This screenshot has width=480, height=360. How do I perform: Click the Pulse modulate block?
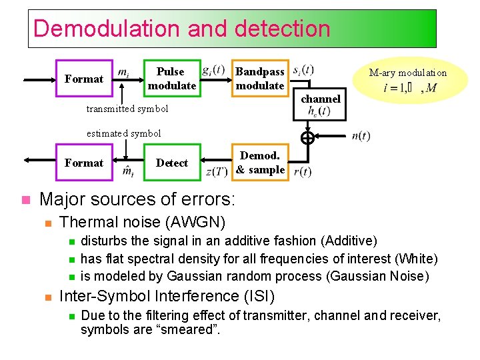click(171, 79)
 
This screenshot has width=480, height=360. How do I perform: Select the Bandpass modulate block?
click(259, 79)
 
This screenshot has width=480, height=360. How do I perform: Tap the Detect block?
click(171, 163)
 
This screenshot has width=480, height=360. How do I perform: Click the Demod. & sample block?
click(260, 163)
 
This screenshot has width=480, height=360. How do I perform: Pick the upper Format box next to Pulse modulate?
click(83, 79)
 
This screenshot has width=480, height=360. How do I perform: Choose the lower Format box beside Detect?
click(83, 163)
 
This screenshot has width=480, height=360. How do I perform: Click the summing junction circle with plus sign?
click(307, 138)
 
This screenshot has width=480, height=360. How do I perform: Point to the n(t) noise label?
click(361, 136)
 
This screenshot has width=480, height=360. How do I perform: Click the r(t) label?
click(302, 172)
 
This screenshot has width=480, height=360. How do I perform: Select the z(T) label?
click(217, 172)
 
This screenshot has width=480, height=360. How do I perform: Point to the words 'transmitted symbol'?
click(127, 109)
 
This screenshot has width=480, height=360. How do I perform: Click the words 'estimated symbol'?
click(124, 133)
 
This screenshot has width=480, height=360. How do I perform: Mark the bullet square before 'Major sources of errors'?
click(25, 199)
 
